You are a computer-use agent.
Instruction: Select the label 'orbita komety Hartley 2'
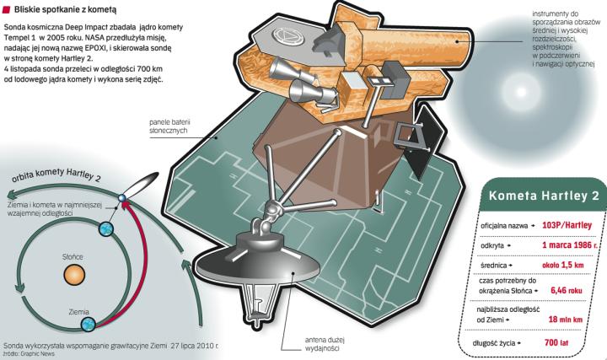[56, 180]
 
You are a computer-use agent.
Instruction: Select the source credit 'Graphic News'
[34, 355]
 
